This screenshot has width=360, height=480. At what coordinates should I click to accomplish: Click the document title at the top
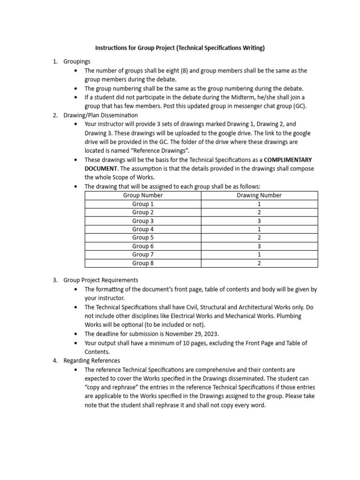tap(180, 48)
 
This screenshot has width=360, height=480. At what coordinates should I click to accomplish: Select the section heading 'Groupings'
tap(77, 61)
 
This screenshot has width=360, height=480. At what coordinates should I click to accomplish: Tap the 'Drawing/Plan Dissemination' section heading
tap(101, 115)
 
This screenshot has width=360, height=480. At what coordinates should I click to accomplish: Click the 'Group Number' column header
tap(143, 195)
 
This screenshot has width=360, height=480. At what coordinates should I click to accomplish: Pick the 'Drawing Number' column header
tap(259, 195)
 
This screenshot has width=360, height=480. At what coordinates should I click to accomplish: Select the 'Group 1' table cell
tap(143, 204)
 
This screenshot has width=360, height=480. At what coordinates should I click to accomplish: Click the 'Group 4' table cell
tap(143, 229)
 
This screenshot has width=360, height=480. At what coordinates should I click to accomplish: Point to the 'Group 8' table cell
tap(143, 263)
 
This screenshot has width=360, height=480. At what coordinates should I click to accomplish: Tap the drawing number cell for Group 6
tap(259, 246)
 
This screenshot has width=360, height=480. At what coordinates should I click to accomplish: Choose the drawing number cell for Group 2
tap(259, 212)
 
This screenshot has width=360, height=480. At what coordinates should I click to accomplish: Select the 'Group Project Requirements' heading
tap(101, 280)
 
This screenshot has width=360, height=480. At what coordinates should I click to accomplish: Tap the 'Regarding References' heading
tap(92, 360)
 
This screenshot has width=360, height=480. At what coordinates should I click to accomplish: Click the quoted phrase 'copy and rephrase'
tap(110, 387)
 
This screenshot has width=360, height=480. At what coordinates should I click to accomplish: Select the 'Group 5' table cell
tap(143, 238)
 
